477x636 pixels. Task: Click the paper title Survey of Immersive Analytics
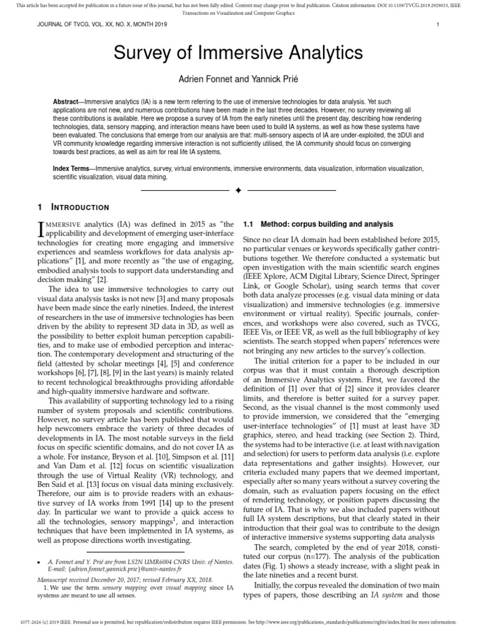click(238, 53)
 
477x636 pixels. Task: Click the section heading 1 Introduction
click(73, 207)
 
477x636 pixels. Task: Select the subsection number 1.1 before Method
click(248, 224)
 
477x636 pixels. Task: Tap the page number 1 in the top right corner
click(438, 25)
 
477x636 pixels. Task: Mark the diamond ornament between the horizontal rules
click(238, 190)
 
